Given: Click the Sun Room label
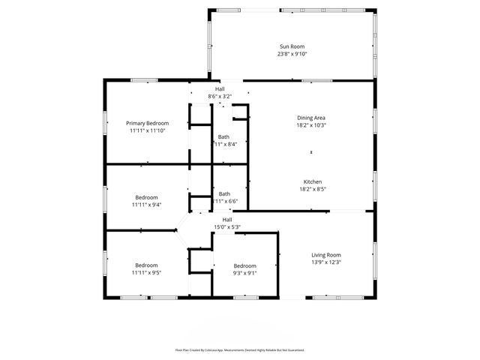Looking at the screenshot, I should tap(292, 47).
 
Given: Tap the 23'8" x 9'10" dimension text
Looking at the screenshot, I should tap(292, 54).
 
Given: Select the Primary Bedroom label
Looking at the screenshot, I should tap(147, 123).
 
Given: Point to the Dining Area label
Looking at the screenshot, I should tap(311, 118).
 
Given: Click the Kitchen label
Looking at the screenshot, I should tap(313, 182).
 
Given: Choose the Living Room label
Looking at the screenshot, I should tap(326, 255).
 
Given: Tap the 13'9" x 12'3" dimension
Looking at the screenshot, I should tap(326, 262).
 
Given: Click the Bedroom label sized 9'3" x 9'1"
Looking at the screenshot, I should tap(244, 266).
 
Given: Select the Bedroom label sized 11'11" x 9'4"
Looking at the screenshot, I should tap(147, 197).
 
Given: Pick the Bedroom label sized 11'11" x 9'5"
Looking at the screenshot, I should tap(147, 265).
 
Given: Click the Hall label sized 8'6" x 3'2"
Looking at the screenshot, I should tap(220, 89).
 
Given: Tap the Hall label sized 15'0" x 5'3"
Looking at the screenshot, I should tap(226, 220).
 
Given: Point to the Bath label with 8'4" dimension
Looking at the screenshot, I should tap(223, 137).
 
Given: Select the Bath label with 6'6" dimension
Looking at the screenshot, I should tap(223, 194).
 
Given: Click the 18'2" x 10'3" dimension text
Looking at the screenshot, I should tap(311, 124).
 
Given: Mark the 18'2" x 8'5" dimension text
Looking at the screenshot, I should tap(313, 189).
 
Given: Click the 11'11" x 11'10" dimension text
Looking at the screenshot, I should tap(147, 130).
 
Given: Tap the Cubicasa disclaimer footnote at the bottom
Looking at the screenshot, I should tap(239, 349).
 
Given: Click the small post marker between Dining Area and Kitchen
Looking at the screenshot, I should tap(311, 153).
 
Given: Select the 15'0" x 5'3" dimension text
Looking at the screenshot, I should tap(226, 226).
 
